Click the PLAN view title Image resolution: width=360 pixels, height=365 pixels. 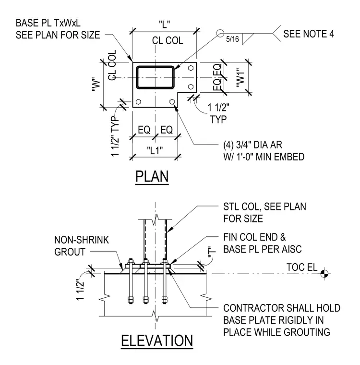pos(152,176)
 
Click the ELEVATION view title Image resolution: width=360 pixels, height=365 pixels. pos(157,341)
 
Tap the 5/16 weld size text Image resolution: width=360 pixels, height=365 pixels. pos(232,39)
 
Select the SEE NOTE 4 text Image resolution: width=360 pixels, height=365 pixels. pos(309,34)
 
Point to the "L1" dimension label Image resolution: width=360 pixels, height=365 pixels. pos(155,150)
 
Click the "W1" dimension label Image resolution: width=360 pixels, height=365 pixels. pos(240,78)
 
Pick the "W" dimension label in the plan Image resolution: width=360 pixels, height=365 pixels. pos(96,85)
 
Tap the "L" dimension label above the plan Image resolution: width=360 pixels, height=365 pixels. pos(165,24)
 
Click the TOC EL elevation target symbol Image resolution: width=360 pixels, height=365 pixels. pos(324,274)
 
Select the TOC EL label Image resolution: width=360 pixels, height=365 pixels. pos(302,267)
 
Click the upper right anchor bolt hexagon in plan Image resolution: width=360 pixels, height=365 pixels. pos(191,68)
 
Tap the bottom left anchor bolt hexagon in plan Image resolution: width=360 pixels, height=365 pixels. pos(138,102)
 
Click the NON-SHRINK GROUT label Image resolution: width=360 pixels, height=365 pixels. pos(82,246)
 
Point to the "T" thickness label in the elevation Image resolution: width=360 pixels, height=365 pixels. pos(212,252)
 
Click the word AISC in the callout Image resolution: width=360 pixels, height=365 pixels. pos(291,249)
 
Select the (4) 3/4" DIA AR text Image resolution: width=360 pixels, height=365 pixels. pos(253,145)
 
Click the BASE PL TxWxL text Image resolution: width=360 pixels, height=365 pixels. pos(48,23)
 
